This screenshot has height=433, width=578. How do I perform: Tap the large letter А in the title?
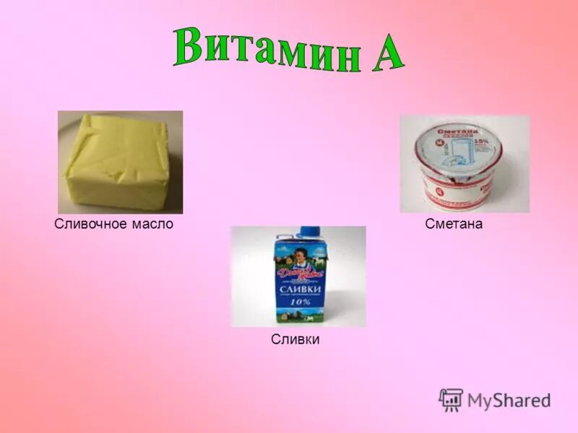[383, 52]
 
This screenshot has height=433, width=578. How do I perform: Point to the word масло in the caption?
[152, 224]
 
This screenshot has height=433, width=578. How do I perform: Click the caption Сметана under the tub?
[454, 224]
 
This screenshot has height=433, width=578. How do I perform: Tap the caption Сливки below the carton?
[295, 338]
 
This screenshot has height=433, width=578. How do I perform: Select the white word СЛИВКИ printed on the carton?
[299, 289]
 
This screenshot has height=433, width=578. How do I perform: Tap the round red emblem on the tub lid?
[436, 144]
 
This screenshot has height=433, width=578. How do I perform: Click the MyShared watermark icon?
[451, 399]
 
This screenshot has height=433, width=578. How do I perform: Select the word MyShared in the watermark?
[509, 401]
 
